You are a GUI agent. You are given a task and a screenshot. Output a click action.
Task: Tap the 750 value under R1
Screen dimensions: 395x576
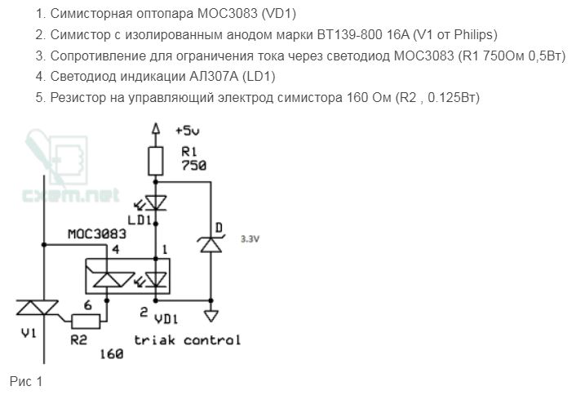[x=193, y=166]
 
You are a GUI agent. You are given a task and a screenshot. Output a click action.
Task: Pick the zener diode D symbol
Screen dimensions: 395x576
[x=211, y=242]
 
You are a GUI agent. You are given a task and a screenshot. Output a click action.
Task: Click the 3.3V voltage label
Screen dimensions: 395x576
[x=249, y=240]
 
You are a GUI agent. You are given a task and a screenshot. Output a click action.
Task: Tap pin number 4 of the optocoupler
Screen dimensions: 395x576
[x=115, y=249]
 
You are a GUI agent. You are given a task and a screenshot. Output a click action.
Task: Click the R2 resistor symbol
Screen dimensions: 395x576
[x=85, y=320]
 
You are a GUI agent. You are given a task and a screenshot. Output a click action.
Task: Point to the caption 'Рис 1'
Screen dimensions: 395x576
[x=25, y=381]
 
